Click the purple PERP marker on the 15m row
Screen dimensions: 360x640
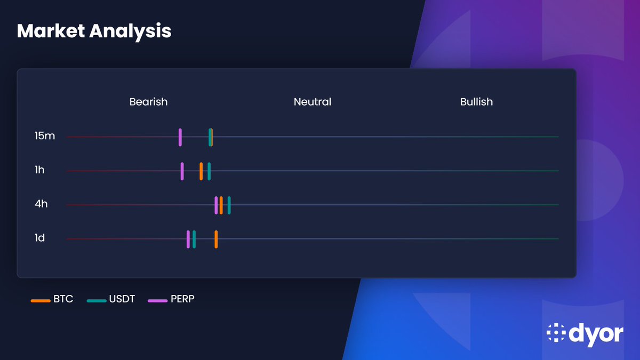pos(180,137)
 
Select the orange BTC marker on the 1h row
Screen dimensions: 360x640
pos(201,171)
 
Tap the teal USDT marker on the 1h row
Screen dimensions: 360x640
pos(209,171)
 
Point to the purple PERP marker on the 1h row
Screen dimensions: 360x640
pos(182,171)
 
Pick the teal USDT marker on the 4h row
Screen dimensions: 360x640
pos(229,205)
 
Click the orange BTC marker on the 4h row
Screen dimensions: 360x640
pos(221,205)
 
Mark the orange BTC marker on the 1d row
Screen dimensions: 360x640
pos(216,239)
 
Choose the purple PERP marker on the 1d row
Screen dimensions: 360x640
pos(188,239)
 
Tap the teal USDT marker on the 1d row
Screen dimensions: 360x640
pos(194,239)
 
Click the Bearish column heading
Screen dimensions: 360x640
pos(148,101)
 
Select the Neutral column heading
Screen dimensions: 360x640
pos(313,101)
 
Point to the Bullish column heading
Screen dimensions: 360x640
pos(476,101)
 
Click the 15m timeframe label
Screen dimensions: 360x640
pos(44,136)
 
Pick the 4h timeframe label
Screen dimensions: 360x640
pos(41,204)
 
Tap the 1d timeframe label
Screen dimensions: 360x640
pos(39,238)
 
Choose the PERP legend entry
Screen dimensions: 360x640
pos(171,299)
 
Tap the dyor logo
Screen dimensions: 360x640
pos(585,333)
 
